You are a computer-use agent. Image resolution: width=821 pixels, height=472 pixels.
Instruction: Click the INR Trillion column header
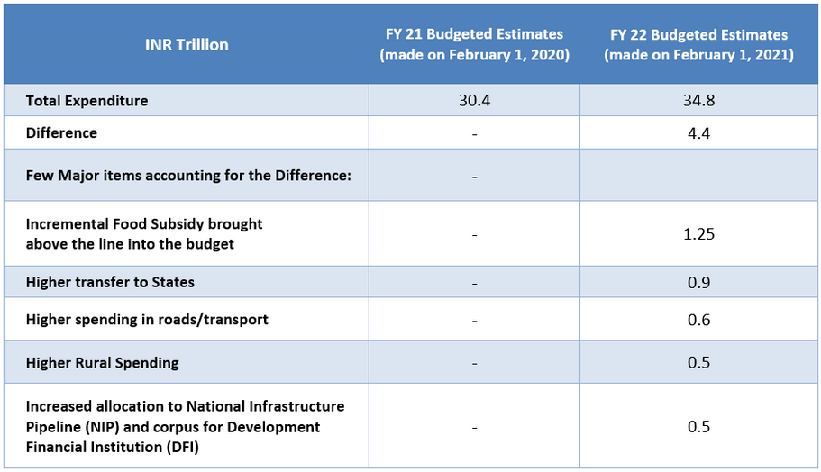[187, 44]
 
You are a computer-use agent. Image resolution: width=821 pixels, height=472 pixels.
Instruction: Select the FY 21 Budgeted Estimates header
[474, 44]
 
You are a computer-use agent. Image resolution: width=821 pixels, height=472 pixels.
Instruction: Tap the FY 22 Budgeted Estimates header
[698, 44]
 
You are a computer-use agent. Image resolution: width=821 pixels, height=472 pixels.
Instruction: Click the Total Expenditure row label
[87, 101]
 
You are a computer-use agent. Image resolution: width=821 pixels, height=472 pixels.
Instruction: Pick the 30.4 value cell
[474, 101]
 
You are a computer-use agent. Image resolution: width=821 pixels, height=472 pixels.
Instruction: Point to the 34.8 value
[698, 101]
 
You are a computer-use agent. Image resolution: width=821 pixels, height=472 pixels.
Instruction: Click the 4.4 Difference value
[698, 133]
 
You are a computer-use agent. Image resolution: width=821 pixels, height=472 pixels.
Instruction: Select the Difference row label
[61, 133]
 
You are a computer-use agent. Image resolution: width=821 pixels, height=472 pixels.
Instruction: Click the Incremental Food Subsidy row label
[144, 232]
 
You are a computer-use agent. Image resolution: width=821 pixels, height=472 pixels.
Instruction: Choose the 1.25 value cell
[698, 233]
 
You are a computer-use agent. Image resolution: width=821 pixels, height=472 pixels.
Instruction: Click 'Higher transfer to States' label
[110, 282]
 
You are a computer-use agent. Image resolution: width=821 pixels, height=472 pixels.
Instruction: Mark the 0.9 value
[698, 282]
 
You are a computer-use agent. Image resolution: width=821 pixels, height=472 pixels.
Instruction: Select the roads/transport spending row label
[147, 320]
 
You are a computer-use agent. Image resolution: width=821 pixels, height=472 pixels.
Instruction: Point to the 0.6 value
[698, 320]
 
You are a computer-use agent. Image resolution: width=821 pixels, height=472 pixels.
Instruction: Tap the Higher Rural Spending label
[103, 363]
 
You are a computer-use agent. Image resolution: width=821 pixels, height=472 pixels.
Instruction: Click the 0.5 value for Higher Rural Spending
[698, 363]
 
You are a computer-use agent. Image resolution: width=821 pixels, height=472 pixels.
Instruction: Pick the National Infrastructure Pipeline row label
[185, 426]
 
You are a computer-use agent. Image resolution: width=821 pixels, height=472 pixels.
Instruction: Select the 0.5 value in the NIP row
[698, 426]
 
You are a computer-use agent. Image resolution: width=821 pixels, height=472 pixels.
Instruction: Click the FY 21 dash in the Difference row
[474, 133]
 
